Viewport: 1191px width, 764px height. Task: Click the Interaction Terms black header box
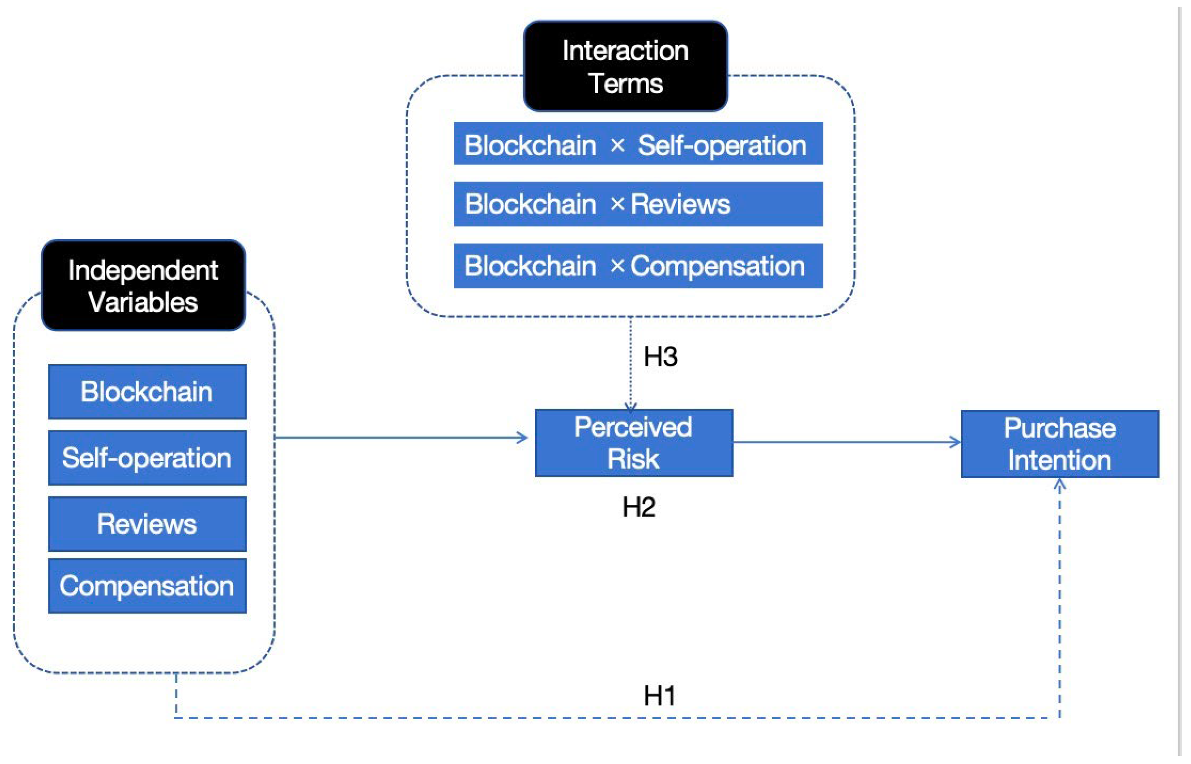point(625,67)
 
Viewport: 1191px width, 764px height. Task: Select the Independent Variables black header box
point(143,286)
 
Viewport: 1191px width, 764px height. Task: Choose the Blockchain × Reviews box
point(638,204)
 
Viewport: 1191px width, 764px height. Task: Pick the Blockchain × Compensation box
point(638,266)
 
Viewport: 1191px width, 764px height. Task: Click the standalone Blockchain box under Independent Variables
point(147,392)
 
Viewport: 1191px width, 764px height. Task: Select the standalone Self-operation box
point(147,458)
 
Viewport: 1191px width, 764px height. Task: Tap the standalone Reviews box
point(147,524)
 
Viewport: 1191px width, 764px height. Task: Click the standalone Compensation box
point(147,586)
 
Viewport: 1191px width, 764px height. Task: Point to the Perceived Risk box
point(634,443)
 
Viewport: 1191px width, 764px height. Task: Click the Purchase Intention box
point(1060,444)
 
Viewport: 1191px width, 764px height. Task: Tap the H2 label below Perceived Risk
point(638,507)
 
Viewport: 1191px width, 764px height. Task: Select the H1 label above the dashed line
point(659,696)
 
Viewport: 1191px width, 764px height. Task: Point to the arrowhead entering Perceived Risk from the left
point(522,437)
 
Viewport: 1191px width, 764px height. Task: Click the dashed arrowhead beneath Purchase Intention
point(1060,485)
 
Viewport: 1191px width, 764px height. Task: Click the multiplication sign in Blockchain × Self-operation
point(617,145)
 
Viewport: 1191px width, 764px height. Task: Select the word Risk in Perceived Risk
point(633,459)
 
